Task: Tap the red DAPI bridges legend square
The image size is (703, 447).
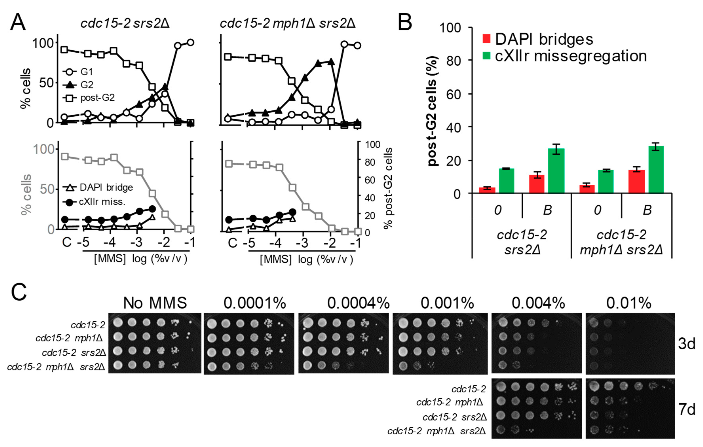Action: pos(486,39)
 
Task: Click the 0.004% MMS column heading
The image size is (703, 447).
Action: pos(538,303)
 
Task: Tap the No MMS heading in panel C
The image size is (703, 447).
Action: pos(155,303)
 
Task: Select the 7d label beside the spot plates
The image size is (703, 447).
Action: pos(687,409)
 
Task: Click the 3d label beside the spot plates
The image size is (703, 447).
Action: pos(687,344)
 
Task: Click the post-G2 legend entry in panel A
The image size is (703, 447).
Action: pos(89,98)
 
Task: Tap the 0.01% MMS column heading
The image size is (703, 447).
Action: pos(629,303)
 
